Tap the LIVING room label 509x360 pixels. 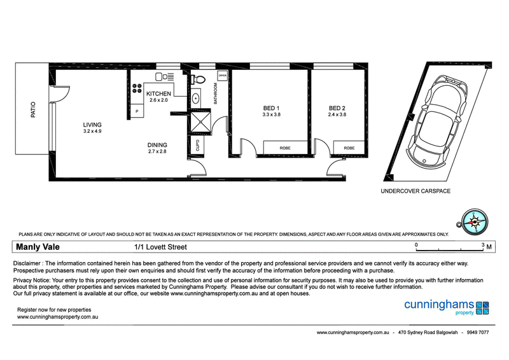[x=92, y=124]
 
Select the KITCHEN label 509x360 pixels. [x=158, y=93]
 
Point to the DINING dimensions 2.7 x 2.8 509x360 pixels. [x=158, y=152]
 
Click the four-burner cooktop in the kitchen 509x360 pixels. [x=137, y=89]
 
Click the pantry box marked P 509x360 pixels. [x=137, y=111]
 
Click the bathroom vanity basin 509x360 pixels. [x=196, y=99]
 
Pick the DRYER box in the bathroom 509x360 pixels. [x=222, y=76]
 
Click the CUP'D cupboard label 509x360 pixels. [x=198, y=145]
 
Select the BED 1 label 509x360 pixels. [x=271, y=107]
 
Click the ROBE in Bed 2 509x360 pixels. [x=349, y=148]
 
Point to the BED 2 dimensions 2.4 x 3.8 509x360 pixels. [x=337, y=115]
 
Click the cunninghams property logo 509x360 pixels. [x=446, y=307]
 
